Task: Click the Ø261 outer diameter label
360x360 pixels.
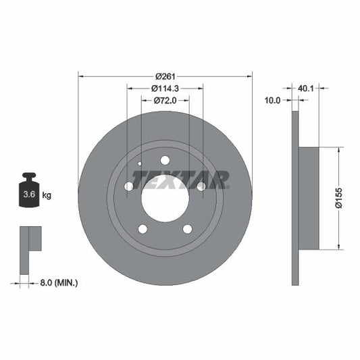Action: pos(165,75)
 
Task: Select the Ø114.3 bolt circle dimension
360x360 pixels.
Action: pos(165,88)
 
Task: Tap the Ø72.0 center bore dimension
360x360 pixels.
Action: pos(165,100)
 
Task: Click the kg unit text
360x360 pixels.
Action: pos(47,195)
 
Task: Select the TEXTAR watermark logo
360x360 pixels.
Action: pos(180,180)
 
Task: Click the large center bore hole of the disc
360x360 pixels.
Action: pos(165,197)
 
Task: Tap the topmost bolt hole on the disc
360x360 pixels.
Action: pos(165,160)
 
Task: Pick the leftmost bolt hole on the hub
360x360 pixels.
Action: pos(129,186)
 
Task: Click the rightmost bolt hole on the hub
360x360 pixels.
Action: pos(201,186)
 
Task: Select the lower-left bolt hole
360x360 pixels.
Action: pos(143,228)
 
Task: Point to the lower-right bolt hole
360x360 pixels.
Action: pos(187,228)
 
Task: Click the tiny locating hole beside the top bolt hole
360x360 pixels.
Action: pos(140,163)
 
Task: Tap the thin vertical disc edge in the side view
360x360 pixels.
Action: pos(294,197)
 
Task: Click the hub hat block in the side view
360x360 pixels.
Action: pos(308,198)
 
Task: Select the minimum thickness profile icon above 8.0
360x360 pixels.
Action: pos(29,247)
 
